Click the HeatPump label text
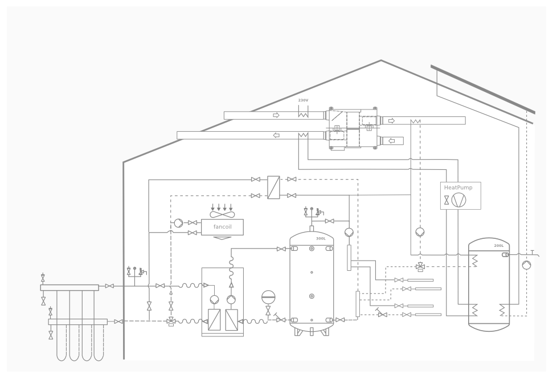click(458, 188)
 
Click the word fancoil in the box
click(222, 226)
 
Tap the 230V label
click(303, 100)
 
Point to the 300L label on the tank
click(321, 238)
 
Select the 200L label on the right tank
click(499, 246)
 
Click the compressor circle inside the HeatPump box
click(458, 200)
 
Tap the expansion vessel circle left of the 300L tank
click(268, 297)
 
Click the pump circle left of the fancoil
click(178, 223)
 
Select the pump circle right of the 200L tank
click(526, 265)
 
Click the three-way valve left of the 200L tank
click(420, 267)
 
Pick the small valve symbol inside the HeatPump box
click(447, 200)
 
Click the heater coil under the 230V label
click(303, 114)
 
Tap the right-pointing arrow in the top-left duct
click(276, 115)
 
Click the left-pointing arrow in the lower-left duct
click(276, 135)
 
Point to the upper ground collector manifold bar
click(69, 288)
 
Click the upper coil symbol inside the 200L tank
click(474, 260)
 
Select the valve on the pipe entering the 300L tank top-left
click(281, 249)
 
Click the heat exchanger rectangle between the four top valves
click(273, 188)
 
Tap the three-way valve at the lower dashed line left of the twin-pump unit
click(171, 321)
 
